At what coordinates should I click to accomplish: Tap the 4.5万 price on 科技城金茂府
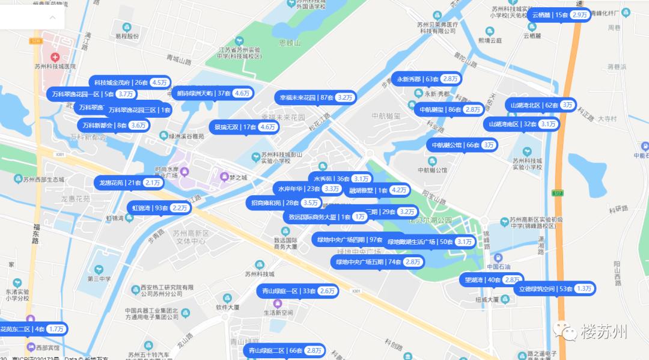point(160,83)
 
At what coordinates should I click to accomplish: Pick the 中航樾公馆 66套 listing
point(462,145)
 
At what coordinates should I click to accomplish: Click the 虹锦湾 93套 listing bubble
point(160,209)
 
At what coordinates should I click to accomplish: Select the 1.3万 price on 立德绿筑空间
point(584,289)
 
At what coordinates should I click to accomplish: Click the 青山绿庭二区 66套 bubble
point(285,350)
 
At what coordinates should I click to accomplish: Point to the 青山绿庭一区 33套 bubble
point(297,291)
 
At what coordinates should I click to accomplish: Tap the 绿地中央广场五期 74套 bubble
point(378,262)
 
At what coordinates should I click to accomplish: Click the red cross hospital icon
point(55,58)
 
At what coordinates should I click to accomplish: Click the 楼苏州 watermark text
point(604,332)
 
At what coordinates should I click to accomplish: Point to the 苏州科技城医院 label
point(55,67)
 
